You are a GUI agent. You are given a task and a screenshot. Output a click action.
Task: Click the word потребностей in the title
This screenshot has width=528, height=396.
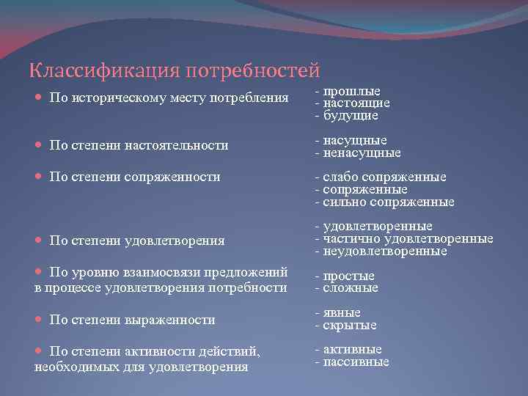(253, 71)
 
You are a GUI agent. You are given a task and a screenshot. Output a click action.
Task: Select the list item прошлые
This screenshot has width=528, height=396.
(351, 91)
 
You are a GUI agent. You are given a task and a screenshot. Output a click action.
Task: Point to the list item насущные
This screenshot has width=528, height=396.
(354, 140)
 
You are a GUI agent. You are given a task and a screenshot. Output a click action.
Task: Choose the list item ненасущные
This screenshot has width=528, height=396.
(362, 153)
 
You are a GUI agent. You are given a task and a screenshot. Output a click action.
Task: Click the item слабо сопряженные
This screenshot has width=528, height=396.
(384, 177)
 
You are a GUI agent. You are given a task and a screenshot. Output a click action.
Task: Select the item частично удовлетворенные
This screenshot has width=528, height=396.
(408, 238)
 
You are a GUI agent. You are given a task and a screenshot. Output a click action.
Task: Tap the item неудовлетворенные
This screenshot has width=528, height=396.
(384, 251)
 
